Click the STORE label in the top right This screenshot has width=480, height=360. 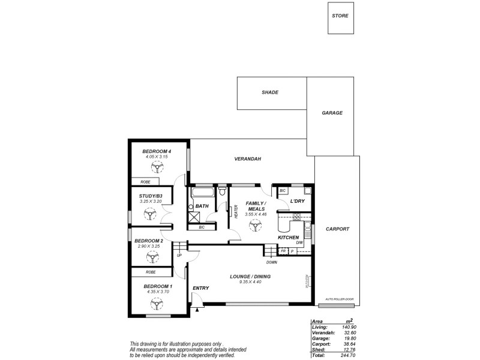point(340,16)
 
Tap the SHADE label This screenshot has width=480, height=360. point(269,93)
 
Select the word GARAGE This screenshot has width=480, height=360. point(332,112)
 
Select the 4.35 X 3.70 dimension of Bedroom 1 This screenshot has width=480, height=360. point(158,292)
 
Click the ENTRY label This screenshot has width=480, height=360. point(200,289)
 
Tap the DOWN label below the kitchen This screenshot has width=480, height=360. point(271,262)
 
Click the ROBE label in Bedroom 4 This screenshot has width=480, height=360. point(145,181)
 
